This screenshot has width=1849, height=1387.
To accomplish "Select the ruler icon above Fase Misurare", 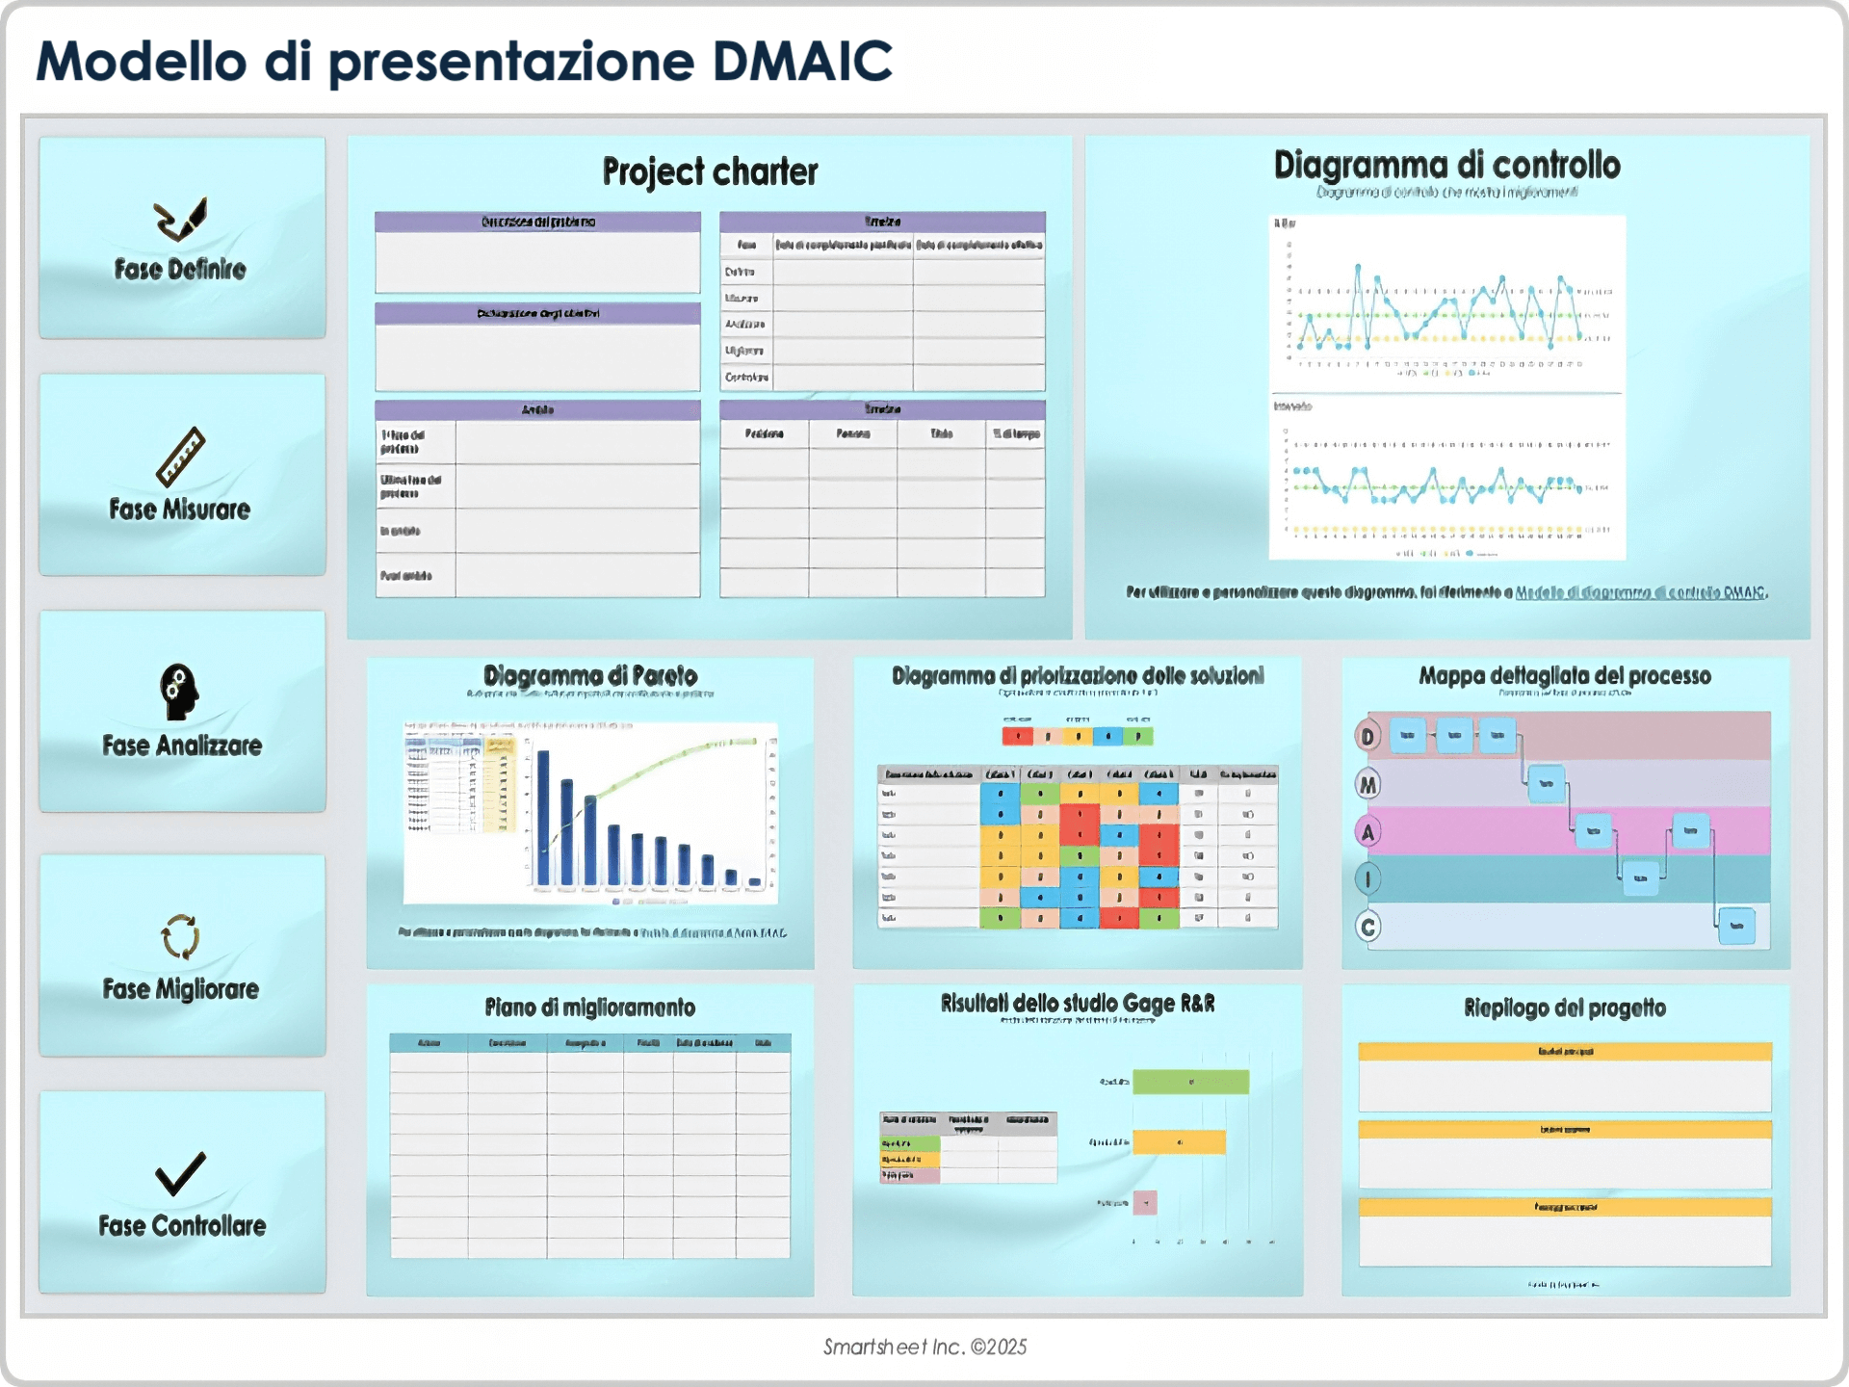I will [x=181, y=457].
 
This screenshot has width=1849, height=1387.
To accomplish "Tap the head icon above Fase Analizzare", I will [x=179, y=692].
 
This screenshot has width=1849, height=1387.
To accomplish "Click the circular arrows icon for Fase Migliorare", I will [x=180, y=936].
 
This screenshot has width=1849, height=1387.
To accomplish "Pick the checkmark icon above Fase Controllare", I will [x=180, y=1173].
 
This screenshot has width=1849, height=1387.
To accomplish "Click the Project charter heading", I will [x=710, y=172].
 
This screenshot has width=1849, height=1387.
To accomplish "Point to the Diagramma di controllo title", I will [x=1446, y=166].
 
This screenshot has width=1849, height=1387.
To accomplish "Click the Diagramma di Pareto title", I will [x=590, y=675].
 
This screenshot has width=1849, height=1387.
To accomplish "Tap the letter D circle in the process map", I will [x=1367, y=737].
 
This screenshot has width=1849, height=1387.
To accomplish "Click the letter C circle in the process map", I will [x=1367, y=927].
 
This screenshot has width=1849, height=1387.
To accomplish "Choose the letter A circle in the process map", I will [x=1367, y=832].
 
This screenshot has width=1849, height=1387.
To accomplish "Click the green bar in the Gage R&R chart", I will [x=1190, y=1083].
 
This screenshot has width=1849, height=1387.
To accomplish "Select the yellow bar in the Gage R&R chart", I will [x=1179, y=1142].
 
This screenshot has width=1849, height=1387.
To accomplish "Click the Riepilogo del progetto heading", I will [x=1564, y=1008].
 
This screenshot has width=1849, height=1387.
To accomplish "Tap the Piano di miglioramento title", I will [x=589, y=1008].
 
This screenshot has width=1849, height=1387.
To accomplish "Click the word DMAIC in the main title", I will [x=801, y=62].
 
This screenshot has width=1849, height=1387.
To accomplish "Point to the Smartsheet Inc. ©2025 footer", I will [x=924, y=1348].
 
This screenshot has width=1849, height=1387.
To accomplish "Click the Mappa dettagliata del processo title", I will [x=1564, y=676].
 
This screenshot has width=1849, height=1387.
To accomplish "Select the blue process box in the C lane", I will [x=1736, y=926].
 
